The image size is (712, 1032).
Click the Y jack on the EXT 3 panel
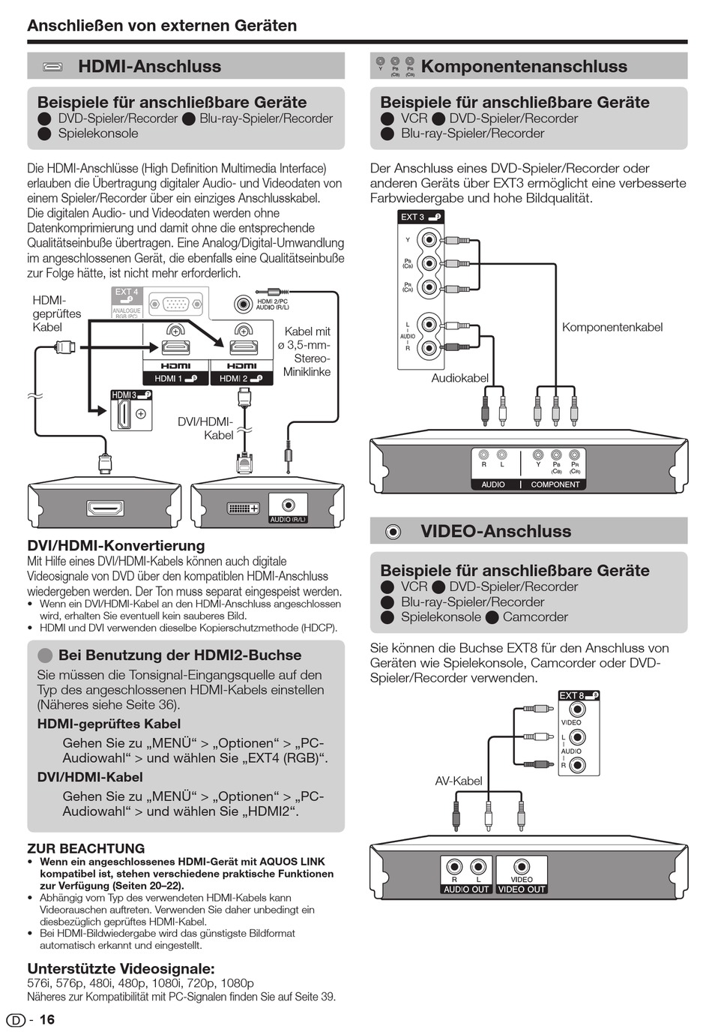pyautogui.click(x=429, y=240)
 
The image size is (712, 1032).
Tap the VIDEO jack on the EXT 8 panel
pyautogui.click(x=576, y=709)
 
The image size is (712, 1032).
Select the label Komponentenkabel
pyautogui.click(x=612, y=327)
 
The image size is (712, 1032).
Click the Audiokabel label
pyautogui.click(x=459, y=378)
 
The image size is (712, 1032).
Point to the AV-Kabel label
pyautogui.click(x=459, y=781)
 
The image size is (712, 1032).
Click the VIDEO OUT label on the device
pyautogui.click(x=522, y=889)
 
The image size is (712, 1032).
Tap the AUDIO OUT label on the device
pyautogui.click(x=465, y=889)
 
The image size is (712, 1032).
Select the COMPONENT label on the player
pyautogui.click(x=555, y=484)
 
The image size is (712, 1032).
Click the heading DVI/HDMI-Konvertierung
pyautogui.click(x=115, y=545)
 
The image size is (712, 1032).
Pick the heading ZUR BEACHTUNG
pyautogui.click(x=86, y=848)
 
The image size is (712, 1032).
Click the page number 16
pyautogui.click(x=46, y=1019)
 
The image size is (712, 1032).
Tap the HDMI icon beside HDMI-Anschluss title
pyautogui.click(x=53, y=67)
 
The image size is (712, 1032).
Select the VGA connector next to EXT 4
pyautogui.click(x=176, y=304)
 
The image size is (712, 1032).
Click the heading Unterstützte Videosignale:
pyautogui.click(x=121, y=967)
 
